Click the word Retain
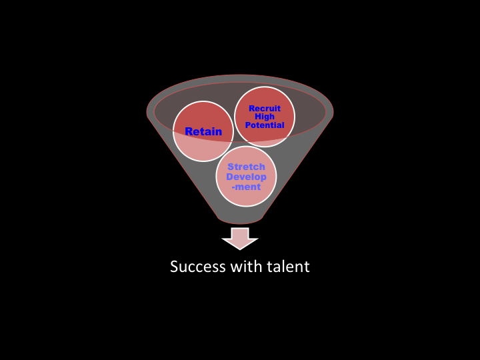203,132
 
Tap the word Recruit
265,109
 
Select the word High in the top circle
265,117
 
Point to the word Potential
265,125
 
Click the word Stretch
246,167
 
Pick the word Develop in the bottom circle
246,177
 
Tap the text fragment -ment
246,187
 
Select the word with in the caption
247,267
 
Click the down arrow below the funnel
240,237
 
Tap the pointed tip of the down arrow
240,249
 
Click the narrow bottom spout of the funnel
240,219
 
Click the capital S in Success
175,267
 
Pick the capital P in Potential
248,125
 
